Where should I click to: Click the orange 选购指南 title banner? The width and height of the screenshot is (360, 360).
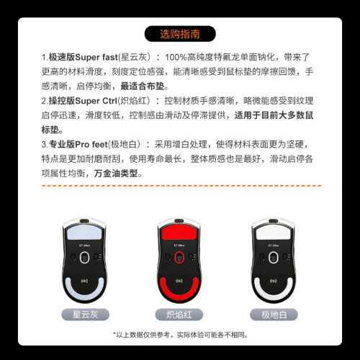coord(179,33)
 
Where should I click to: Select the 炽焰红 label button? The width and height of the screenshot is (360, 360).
coord(180,314)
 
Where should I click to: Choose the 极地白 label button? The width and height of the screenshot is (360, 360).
coord(274,314)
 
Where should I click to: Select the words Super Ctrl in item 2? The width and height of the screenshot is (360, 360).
coord(96,101)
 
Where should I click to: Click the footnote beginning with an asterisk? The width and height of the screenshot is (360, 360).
coord(180,335)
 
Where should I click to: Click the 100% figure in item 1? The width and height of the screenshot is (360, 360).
coord(177,56)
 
